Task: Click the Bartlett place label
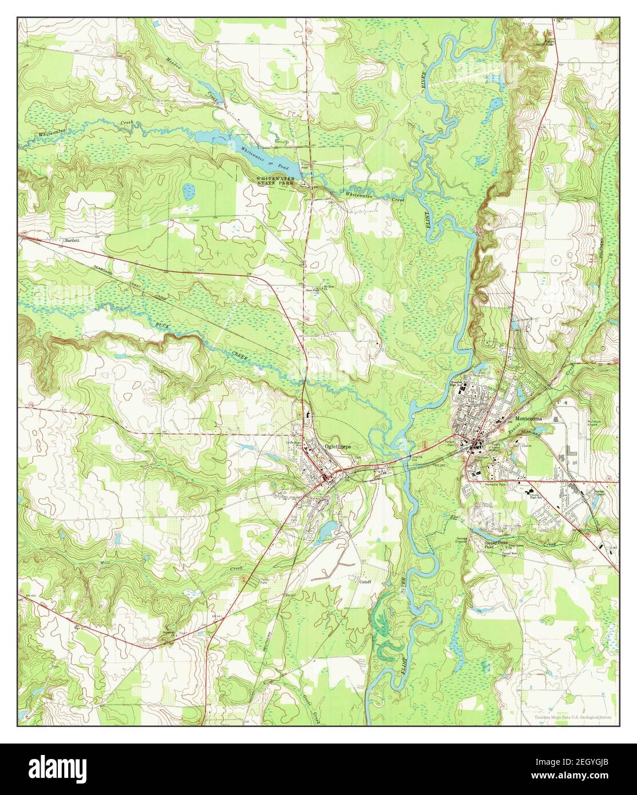pyautogui.click(x=72, y=241)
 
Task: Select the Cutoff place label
pyautogui.click(x=365, y=582)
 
